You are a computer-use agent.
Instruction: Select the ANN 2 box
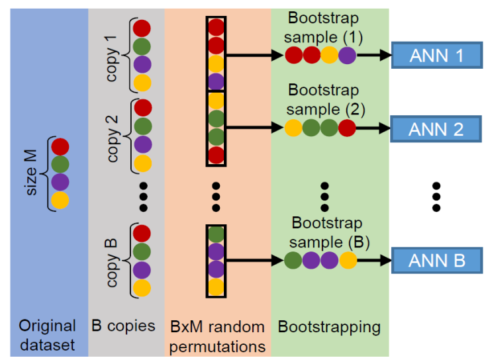point(436,128)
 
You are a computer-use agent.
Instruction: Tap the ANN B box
point(436,259)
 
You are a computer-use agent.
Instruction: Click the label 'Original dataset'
point(48,336)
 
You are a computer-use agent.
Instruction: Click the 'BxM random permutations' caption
point(217,336)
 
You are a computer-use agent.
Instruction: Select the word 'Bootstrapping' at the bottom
point(329,326)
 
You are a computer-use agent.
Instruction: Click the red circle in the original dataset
point(60,146)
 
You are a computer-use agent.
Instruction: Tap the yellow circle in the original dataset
point(60,201)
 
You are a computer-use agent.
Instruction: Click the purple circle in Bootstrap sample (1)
point(347,56)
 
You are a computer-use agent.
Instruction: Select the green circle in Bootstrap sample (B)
point(293,260)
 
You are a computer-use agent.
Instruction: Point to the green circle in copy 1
point(142,46)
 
